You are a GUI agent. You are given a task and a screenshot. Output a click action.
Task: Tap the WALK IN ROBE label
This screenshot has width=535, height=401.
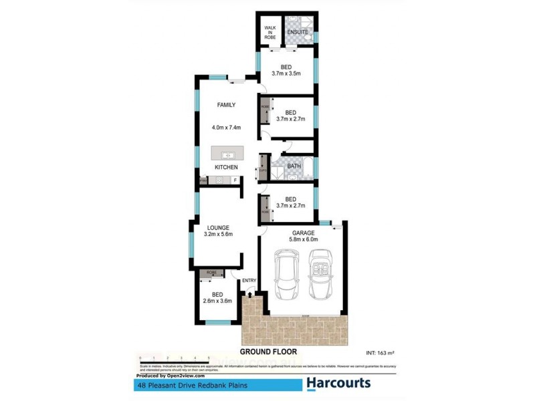(270, 33)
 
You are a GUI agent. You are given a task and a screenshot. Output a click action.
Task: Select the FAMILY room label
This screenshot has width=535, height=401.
(225, 106)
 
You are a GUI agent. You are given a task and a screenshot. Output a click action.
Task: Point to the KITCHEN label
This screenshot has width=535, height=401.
(225, 166)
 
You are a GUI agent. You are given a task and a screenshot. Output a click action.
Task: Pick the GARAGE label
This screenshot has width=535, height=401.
(303, 233)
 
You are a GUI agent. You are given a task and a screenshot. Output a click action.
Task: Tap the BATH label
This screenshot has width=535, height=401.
(294, 166)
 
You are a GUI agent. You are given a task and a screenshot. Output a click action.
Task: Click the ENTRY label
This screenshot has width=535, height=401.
(249, 281)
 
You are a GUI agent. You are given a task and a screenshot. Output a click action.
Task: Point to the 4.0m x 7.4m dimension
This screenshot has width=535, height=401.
(225, 127)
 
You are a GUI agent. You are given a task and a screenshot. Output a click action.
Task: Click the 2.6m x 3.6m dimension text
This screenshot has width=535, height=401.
(217, 301)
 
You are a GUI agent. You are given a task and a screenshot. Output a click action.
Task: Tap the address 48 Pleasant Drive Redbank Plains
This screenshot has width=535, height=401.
(183, 386)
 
